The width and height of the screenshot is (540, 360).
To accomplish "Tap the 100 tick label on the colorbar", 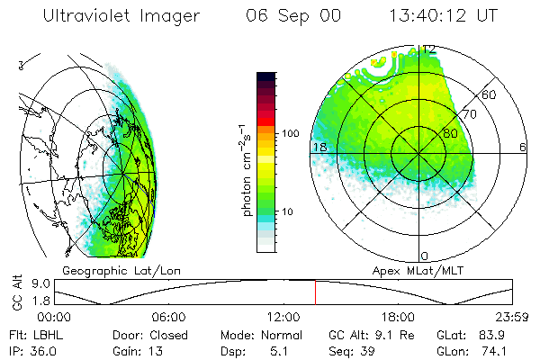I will click(289, 133).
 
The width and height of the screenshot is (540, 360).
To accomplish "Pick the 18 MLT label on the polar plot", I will click(319, 147).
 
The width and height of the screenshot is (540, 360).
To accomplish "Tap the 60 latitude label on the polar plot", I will click(489, 94).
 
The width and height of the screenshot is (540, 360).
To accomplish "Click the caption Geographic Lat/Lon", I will click(112, 270).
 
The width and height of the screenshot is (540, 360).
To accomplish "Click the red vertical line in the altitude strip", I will click(316, 292).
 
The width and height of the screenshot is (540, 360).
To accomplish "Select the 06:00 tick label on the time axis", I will click(169, 317).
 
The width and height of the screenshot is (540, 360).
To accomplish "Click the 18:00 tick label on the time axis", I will click(398, 317).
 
